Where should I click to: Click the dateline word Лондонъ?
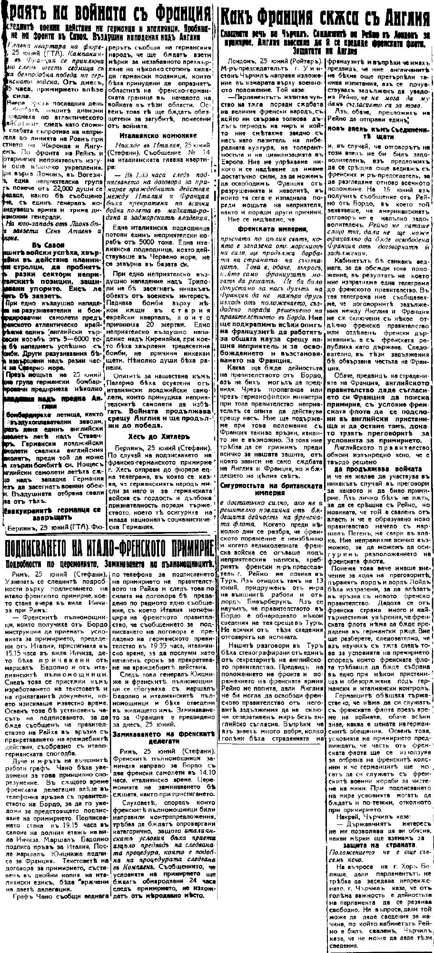point(243,62)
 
